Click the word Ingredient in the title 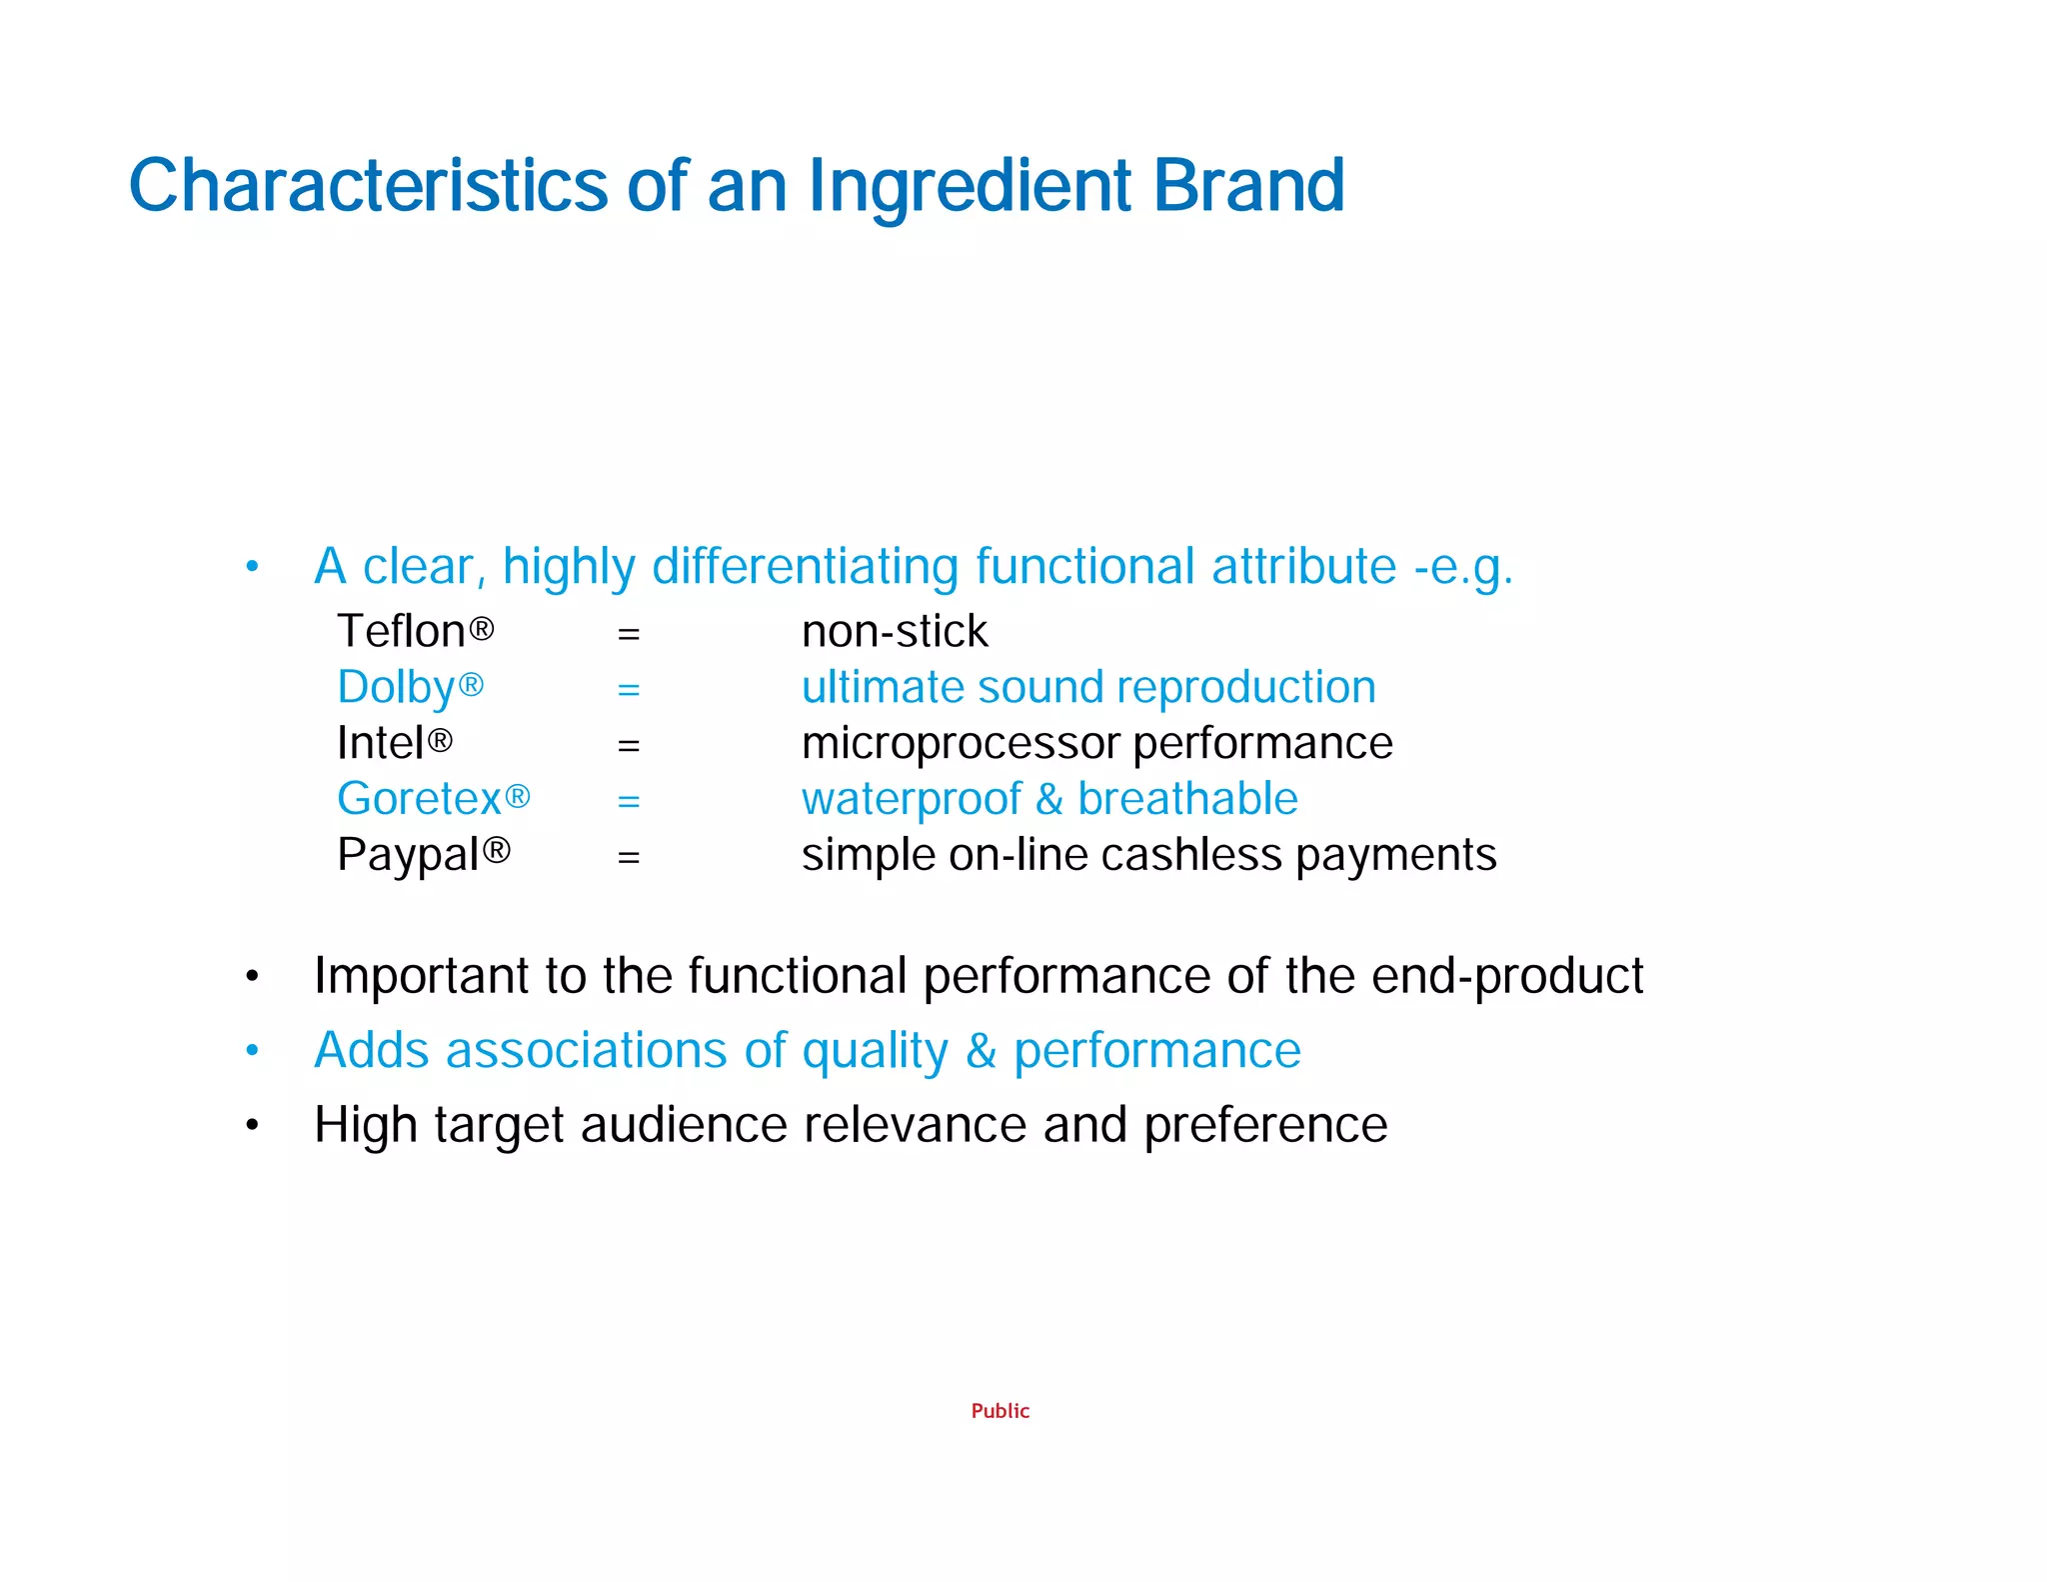970,187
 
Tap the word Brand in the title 1248,187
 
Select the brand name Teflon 401,632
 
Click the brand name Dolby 396,688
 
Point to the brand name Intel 380,743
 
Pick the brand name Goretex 419,799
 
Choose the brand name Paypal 408,855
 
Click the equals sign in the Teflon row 629,634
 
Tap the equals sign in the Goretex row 629,801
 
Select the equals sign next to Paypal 629,857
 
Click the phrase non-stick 895,632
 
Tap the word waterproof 912,800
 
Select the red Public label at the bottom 1000,1411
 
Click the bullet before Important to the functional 253,976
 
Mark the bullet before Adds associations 253,1051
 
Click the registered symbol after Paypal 497,851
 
